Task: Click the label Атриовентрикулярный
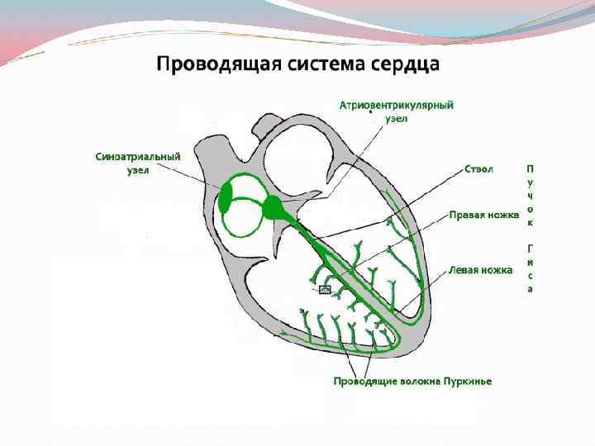(397, 106)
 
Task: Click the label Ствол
(478, 168)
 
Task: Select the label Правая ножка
(484, 214)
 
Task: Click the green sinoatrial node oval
(226, 198)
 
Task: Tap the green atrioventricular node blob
(273, 208)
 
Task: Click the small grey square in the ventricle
(325, 289)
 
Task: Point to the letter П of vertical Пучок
(530, 169)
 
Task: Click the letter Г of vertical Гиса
(530, 248)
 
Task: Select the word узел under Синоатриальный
(138, 169)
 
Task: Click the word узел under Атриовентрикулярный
(397, 118)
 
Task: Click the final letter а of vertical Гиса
(530, 289)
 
